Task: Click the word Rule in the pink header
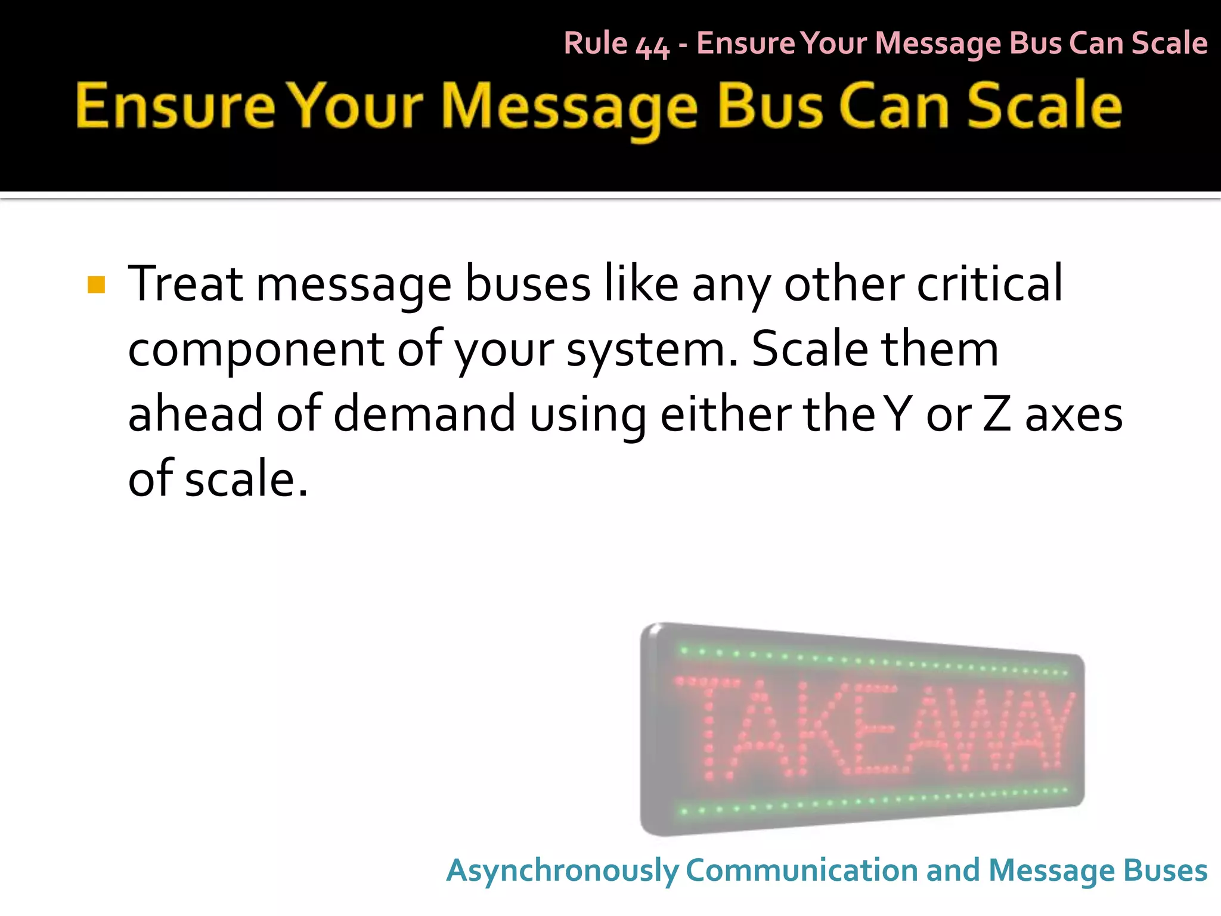tap(596, 44)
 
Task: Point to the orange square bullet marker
tap(96, 284)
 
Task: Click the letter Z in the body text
tap(996, 414)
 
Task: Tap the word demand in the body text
tap(424, 414)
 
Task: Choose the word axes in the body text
tap(1073, 414)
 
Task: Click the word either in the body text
tap(725, 414)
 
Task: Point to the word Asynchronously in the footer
tap(562, 871)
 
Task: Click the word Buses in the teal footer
tap(1165, 870)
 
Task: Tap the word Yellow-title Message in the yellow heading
tap(569, 107)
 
